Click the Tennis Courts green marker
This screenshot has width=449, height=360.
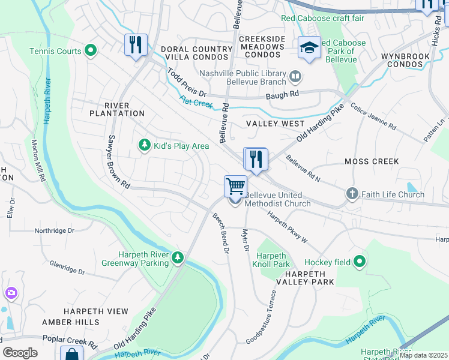click(91, 51)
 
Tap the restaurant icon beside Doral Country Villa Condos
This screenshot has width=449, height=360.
click(136, 45)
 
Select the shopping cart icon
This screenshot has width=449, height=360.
click(235, 187)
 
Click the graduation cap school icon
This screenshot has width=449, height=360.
click(309, 48)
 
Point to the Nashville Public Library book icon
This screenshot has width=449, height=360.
click(295, 76)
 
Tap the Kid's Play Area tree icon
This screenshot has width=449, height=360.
click(144, 145)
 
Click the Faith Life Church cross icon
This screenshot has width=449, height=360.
click(352, 194)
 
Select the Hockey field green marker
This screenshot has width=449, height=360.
click(360, 261)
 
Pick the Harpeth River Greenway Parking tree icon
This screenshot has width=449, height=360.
click(177, 257)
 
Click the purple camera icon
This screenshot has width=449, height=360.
click(11, 293)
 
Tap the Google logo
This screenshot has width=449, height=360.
click(20, 352)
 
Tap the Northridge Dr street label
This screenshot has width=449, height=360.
click(55, 230)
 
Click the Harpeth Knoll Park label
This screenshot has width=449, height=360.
click(273, 259)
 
